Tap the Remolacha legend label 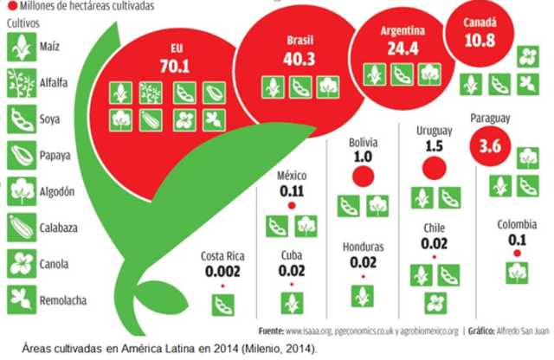(63, 298)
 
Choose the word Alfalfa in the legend (56, 84)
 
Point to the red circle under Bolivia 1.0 (362, 177)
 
